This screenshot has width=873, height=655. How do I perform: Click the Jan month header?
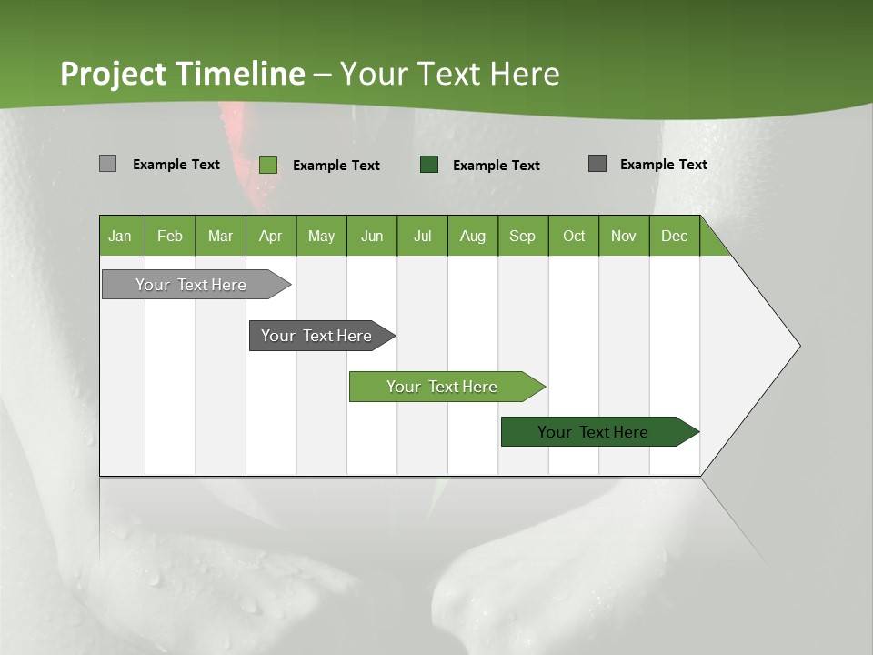pos(121,236)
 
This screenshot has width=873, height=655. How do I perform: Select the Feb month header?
pos(170,236)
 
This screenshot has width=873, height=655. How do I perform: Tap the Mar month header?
pos(220,236)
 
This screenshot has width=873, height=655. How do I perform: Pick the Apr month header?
pos(271,236)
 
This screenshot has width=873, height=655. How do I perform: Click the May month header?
pos(321,236)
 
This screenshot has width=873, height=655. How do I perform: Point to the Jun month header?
pos(372,236)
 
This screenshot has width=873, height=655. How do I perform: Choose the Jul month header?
pos(422,236)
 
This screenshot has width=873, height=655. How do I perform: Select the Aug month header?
pos(473,236)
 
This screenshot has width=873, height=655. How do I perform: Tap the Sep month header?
pos(523,236)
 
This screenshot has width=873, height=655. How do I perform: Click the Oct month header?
pos(574,236)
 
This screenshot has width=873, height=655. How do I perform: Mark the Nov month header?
pos(624,236)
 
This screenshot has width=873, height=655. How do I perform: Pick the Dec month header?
pos(675,236)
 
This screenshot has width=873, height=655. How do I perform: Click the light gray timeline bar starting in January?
pos(192,285)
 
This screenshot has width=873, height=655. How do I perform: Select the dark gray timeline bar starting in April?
pos(317,336)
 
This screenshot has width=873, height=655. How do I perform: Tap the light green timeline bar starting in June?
pos(443,387)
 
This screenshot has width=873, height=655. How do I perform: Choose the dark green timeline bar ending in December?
pos(594,432)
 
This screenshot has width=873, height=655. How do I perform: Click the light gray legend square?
pos(107,164)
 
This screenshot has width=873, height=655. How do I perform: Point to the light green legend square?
pos(268,165)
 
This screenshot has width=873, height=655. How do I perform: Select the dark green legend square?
pos(429,165)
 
